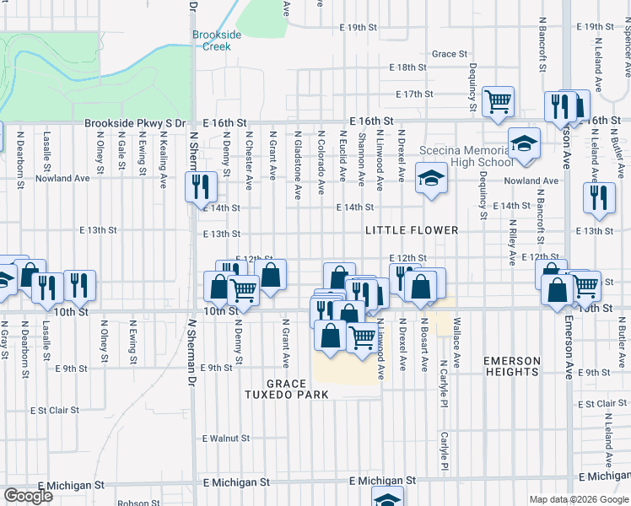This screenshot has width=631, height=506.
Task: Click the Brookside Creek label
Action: [x=217, y=40]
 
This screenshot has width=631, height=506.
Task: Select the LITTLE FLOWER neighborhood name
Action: [x=412, y=230]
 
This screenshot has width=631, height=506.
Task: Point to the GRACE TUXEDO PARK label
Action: [x=286, y=389]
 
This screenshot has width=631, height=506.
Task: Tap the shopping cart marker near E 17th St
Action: [x=499, y=102]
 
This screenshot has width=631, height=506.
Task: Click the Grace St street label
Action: [x=449, y=54]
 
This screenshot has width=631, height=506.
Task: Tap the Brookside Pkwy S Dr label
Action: [x=134, y=123]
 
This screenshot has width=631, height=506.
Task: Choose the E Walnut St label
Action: [x=226, y=439]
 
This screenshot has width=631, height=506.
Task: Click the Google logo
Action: [x=28, y=496]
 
